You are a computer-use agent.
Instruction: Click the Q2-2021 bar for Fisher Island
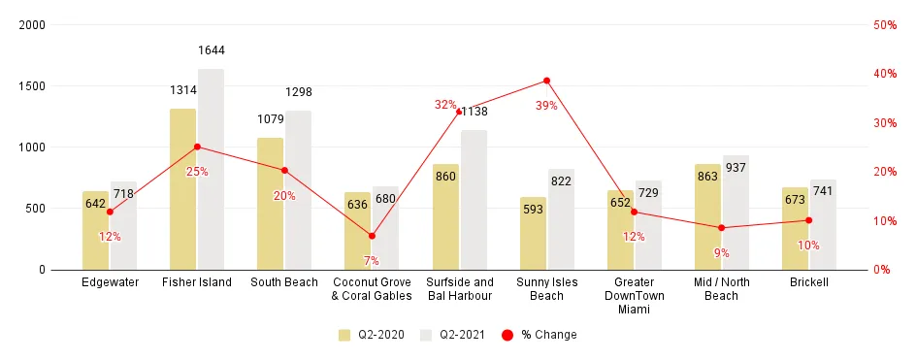click(211, 169)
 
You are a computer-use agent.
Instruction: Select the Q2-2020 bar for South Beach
click(271, 204)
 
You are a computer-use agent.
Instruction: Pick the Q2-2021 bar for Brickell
click(823, 224)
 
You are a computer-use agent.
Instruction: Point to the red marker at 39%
click(546, 81)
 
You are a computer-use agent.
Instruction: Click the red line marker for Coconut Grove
click(372, 236)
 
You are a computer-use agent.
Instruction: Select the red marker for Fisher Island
click(197, 147)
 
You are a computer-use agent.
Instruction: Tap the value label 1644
click(211, 49)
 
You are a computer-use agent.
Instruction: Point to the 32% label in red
click(445, 105)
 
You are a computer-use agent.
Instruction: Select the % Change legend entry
click(539, 335)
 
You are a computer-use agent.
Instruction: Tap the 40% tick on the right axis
click(884, 74)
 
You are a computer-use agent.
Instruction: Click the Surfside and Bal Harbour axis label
click(459, 289)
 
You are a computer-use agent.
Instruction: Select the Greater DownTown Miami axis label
click(635, 296)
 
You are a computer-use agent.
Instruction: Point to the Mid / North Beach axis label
click(722, 289)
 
